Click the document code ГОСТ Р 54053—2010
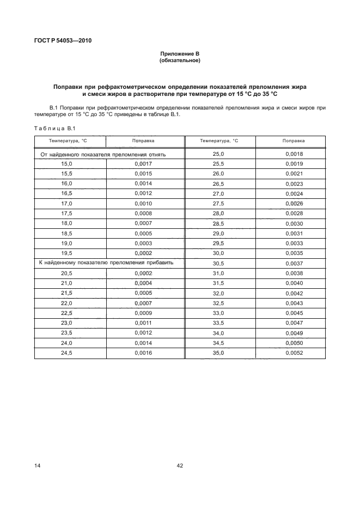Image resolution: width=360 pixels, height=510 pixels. (60, 40)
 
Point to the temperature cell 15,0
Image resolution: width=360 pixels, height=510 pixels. (67, 163)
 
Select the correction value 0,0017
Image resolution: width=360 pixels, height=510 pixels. (143, 163)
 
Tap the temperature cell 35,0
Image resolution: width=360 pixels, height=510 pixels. (218, 353)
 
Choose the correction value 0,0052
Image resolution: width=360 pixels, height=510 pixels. (294, 353)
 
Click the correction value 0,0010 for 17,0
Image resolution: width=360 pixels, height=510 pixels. (143, 203)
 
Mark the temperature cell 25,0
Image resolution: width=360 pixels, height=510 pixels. (218, 154)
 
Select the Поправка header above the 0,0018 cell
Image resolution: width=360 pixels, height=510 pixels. (294, 141)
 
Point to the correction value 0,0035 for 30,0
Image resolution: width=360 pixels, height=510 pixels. (294, 253)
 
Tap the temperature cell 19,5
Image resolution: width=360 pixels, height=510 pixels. (67, 253)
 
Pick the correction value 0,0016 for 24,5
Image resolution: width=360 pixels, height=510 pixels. (143, 353)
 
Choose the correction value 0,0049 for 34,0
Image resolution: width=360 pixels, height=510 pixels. (294, 333)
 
